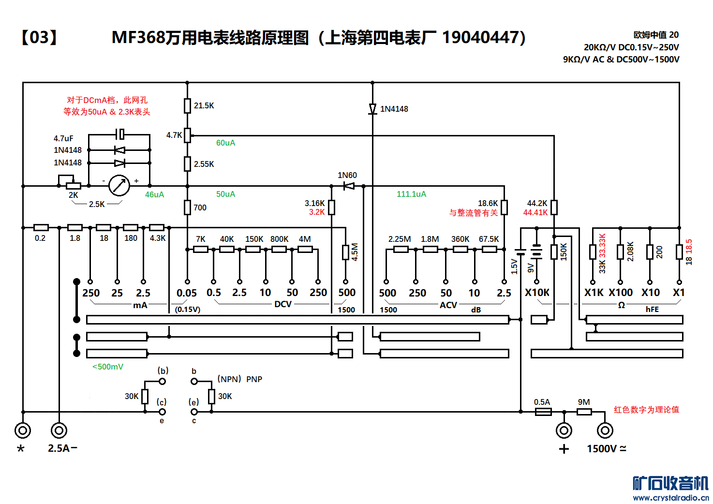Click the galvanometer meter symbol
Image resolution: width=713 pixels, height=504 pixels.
point(119,186)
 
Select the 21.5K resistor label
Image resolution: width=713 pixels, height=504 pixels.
point(204,105)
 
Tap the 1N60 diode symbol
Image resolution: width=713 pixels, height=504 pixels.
point(349,186)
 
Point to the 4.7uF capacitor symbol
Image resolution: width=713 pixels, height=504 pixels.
point(120,133)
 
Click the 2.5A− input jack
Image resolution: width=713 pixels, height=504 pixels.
point(59,430)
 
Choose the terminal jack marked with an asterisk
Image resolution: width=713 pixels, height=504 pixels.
point(23,430)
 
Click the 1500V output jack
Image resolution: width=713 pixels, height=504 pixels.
point(605,430)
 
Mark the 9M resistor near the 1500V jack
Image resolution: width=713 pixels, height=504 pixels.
point(584,412)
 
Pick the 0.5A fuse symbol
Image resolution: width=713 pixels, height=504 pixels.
point(543,412)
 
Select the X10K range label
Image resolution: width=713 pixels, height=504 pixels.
point(537,293)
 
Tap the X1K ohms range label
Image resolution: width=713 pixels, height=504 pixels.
point(594,293)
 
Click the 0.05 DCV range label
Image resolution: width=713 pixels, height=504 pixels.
point(187,293)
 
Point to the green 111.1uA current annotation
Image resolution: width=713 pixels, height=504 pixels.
point(411,194)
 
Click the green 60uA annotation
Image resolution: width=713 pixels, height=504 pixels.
point(225,143)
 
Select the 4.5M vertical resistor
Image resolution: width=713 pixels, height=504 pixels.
point(345,252)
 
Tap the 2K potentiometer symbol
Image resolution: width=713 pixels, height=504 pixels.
point(73,186)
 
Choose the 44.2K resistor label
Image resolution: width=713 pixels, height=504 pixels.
point(537,204)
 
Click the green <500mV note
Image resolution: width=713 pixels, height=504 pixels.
point(108,367)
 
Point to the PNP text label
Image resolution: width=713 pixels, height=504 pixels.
point(254,379)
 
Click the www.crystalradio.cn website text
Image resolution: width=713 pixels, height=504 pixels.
point(670,498)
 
